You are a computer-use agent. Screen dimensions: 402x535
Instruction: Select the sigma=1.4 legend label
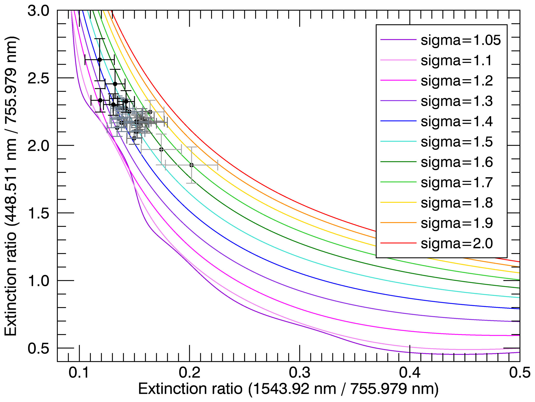pyautogui.click(x=457, y=121)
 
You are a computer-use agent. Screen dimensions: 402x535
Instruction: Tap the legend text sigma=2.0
pyautogui.click(x=457, y=243)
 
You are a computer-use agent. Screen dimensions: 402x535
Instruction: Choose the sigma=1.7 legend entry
pyautogui.click(x=457, y=182)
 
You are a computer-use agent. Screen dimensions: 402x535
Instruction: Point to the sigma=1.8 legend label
pyautogui.click(x=457, y=203)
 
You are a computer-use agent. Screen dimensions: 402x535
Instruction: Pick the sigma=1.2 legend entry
pyautogui.click(x=457, y=81)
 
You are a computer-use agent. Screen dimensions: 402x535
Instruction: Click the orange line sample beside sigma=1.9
pyautogui.click(x=398, y=223)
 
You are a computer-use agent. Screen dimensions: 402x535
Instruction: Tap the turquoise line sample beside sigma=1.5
pyautogui.click(x=398, y=142)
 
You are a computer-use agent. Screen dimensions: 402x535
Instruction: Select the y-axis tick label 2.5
pyautogui.click(x=38, y=78)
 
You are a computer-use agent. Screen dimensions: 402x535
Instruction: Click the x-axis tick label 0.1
pyautogui.click(x=79, y=373)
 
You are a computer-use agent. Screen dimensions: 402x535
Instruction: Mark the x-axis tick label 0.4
pyautogui.click(x=410, y=373)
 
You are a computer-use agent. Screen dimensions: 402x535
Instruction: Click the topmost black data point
pyautogui.click(x=100, y=60)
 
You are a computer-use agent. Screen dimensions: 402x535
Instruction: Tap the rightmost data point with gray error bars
pyautogui.click(x=192, y=165)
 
